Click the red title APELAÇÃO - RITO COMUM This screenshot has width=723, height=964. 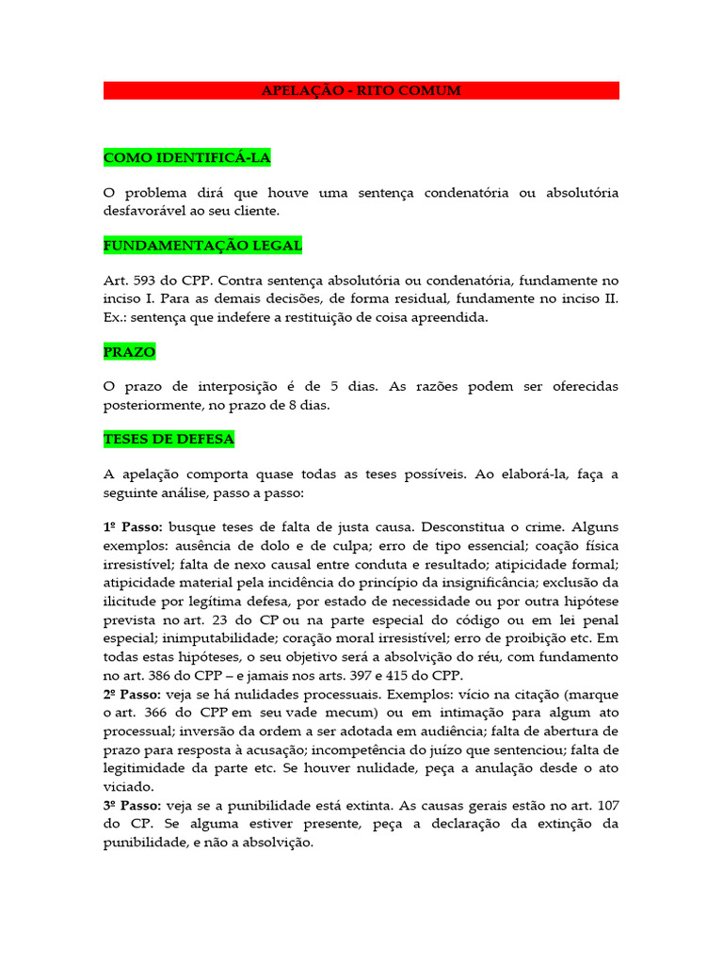click(x=361, y=90)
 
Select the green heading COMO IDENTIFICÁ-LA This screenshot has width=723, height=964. click(x=186, y=156)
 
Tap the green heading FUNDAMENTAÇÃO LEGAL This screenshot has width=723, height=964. click(x=202, y=246)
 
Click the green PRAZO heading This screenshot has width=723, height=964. click(x=129, y=352)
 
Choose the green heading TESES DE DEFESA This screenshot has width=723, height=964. click(x=169, y=440)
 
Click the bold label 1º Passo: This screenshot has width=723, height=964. click(x=134, y=528)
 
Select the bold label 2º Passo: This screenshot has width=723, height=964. click(x=134, y=695)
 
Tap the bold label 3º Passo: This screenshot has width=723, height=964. click(x=134, y=806)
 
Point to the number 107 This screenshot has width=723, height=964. click(x=603, y=806)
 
